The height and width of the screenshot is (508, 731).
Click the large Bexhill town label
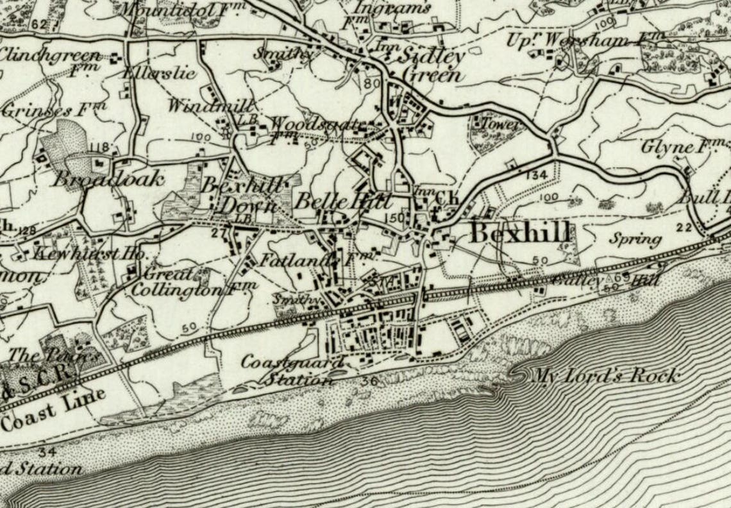click(520, 233)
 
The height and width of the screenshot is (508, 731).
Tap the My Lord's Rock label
click(606, 376)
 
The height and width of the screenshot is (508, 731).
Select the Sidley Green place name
click(432, 65)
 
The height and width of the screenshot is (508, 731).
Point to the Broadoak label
click(108, 179)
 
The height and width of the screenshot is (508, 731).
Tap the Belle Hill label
click(342, 201)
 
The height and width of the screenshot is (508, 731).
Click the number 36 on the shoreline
click(367, 382)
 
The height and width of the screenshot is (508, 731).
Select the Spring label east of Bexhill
click(635, 240)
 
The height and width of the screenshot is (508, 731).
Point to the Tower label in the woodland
click(500, 124)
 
